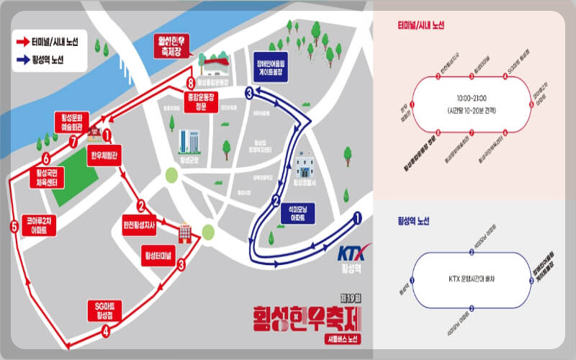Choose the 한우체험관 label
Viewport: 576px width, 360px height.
click(105, 154)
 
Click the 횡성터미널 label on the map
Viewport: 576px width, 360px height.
click(158, 256)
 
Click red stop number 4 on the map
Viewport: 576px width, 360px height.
click(106, 331)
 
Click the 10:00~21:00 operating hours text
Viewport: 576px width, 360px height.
click(472, 97)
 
